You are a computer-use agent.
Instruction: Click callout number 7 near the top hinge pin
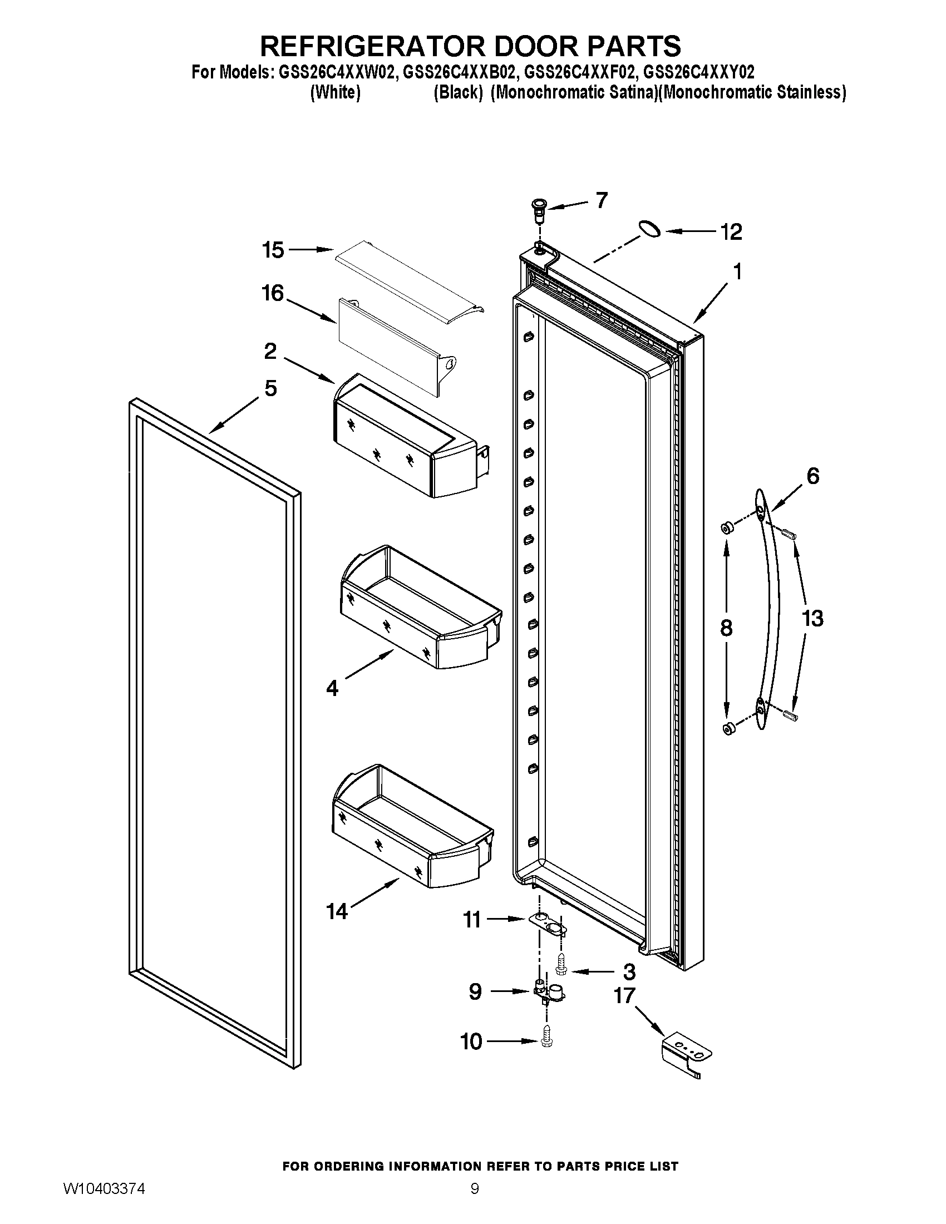coord(602,200)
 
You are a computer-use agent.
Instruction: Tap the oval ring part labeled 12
coord(649,228)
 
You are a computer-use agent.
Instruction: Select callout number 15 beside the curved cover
coord(273,250)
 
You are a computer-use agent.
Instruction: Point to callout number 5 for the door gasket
coord(270,388)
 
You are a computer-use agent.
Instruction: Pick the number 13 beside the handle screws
coord(812,619)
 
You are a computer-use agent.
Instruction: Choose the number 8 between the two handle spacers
coord(726,628)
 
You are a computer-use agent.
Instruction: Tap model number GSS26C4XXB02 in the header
coord(455,72)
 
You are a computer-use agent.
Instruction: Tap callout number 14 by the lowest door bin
coord(337,912)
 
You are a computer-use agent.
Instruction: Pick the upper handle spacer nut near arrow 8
coord(727,527)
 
